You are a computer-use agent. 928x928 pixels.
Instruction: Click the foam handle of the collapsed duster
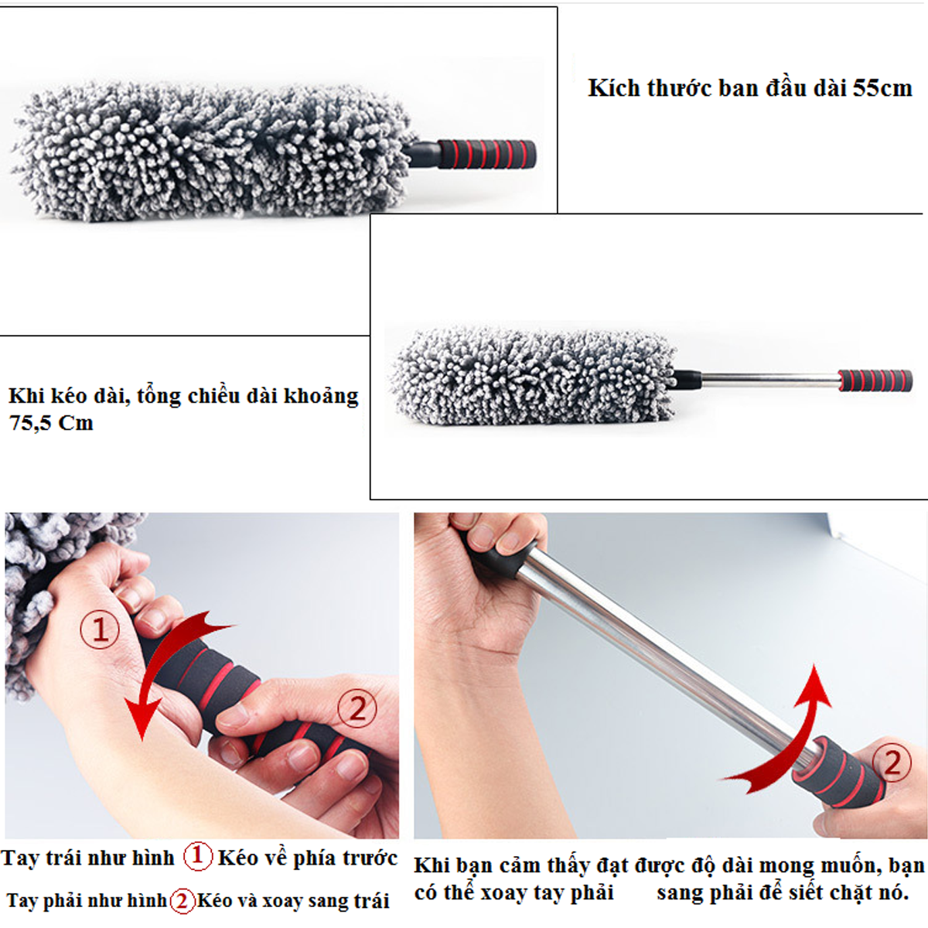tap(487, 154)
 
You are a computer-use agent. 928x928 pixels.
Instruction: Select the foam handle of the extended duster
tap(875, 380)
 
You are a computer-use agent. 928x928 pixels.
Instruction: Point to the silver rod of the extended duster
tap(769, 380)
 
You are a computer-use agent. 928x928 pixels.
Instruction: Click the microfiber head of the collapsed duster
tap(212, 150)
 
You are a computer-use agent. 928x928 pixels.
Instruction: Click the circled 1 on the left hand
tap(100, 629)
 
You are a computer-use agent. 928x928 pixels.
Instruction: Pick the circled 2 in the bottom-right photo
tap(892, 762)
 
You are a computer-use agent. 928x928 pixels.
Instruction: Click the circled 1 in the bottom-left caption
tap(197, 857)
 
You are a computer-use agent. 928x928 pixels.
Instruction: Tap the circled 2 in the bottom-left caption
tap(182, 901)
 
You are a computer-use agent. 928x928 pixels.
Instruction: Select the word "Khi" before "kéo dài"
tap(26, 396)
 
